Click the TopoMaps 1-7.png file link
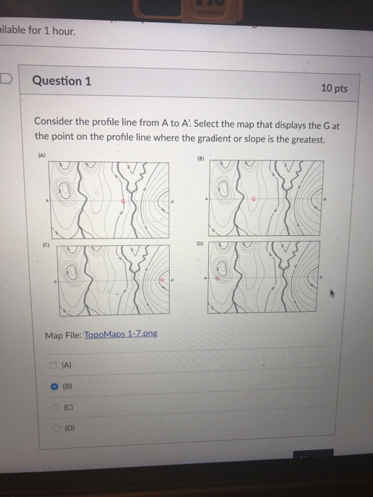point(121,334)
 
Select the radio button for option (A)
point(53,365)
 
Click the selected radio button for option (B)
point(54,388)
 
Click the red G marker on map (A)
point(124,201)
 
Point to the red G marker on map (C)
point(162,282)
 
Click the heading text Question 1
point(61,81)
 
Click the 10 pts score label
point(334,88)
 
